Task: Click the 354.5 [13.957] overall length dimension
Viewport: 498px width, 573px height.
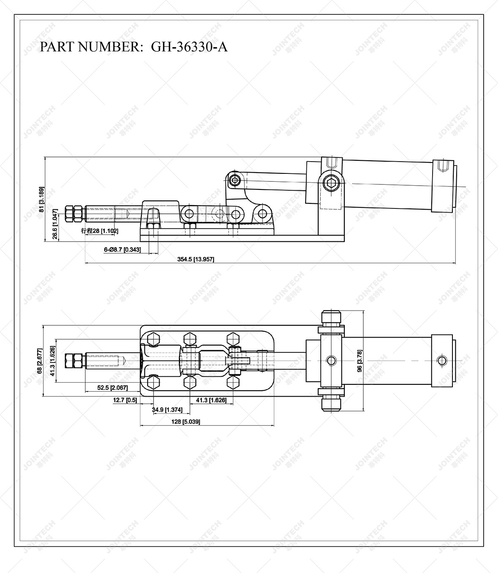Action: [x=195, y=259]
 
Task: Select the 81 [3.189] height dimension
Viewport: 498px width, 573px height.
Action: [x=41, y=199]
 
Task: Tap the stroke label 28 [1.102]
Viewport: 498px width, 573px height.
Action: [x=100, y=231]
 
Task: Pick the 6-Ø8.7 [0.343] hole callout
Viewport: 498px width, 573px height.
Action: [x=122, y=250]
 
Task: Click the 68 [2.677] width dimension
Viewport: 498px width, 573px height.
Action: [x=39, y=361]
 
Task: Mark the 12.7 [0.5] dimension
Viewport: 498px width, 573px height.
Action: [x=125, y=400]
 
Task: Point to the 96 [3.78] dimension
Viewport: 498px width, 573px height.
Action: [x=360, y=361]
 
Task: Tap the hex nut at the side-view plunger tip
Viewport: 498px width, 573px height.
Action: [x=74, y=214]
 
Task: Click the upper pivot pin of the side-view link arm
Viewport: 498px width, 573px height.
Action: [x=234, y=181]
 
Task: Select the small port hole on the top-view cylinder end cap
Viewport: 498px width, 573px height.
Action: [x=441, y=360]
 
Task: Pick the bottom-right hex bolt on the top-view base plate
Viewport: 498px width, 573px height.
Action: [x=233, y=383]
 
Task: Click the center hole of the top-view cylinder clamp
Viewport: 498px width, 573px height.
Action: [x=331, y=360]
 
